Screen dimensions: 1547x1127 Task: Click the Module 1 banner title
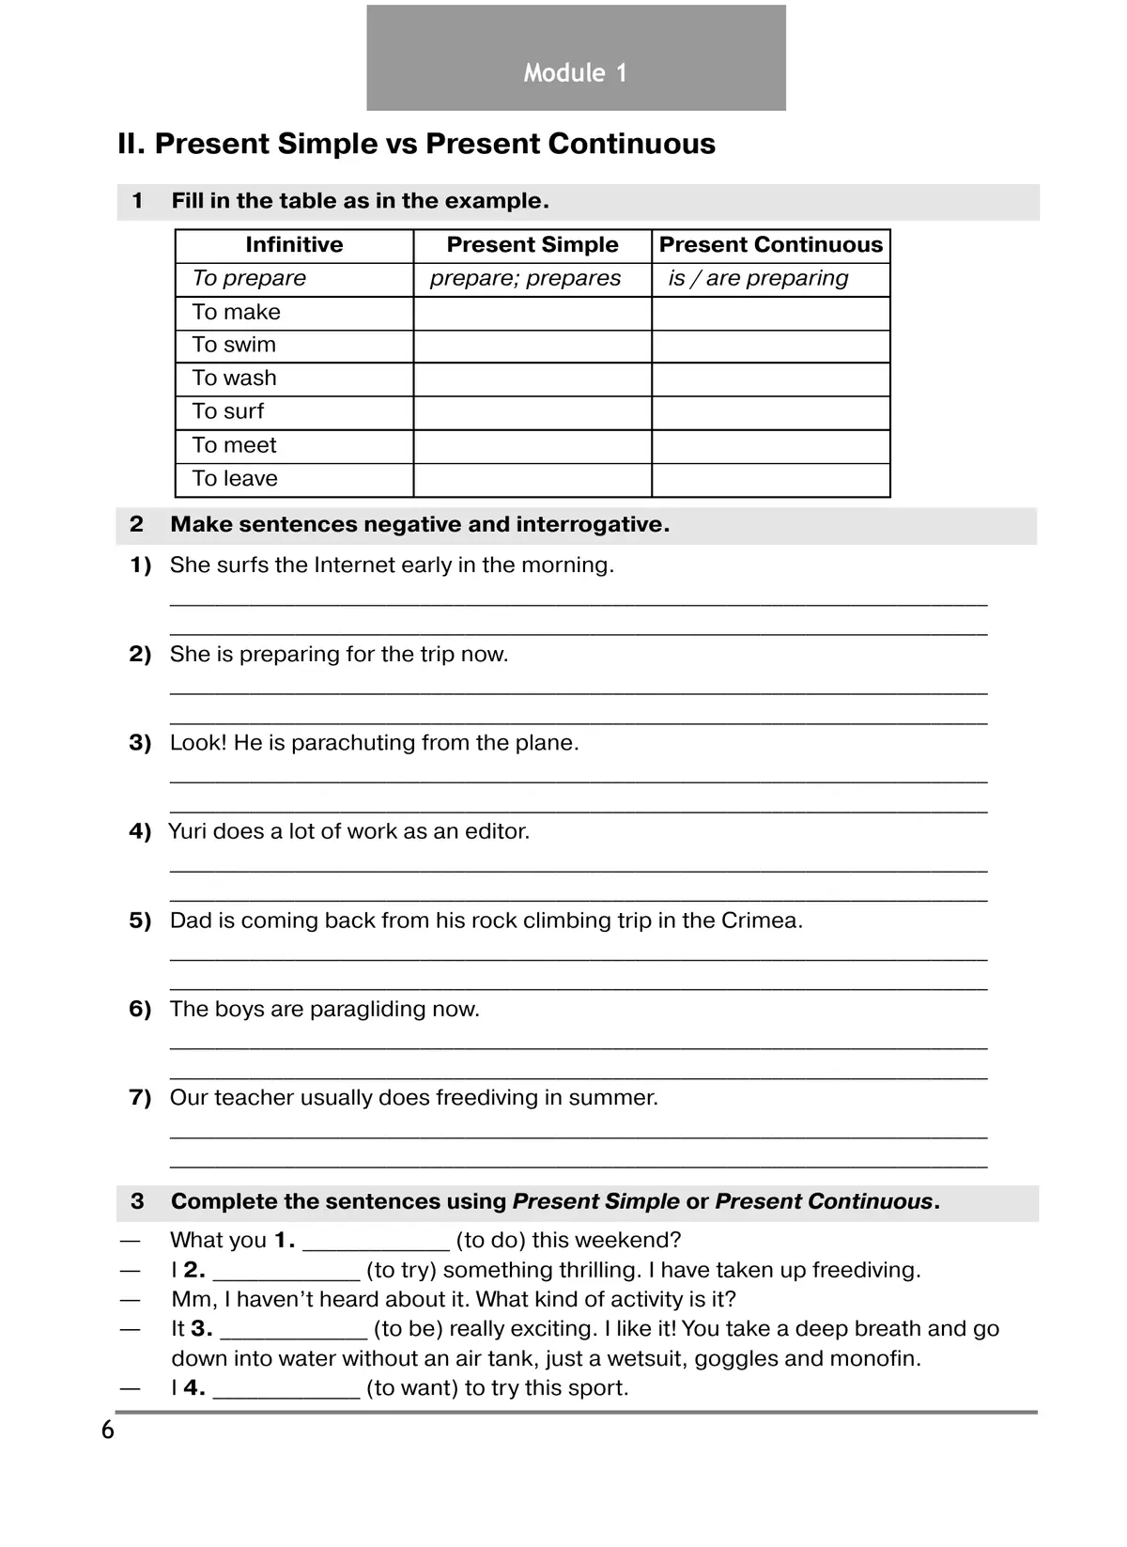[x=575, y=73]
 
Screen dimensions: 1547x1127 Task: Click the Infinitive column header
[x=294, y=245]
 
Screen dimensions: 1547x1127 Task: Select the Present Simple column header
[x=533, y=245]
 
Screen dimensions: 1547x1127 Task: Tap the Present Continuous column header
[x=771, y=245]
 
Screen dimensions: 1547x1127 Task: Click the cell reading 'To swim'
[x=235, y=346]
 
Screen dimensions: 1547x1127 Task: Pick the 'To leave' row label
[x=235, y=479]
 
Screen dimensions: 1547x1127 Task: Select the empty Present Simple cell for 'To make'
[x=533, y=313]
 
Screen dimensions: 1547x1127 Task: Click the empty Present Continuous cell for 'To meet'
[x=771, y=446]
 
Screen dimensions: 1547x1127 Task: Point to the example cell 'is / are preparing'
[x=759, y=279]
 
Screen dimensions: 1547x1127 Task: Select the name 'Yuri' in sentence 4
[x=187, y=832]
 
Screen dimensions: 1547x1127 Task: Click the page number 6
[x=108, y=1431]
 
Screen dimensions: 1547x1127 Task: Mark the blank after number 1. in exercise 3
[x=376, y=1244]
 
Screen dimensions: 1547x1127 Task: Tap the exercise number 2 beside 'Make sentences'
[x=137, y=525]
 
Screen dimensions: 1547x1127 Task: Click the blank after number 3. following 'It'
[x=293, y=1332]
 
